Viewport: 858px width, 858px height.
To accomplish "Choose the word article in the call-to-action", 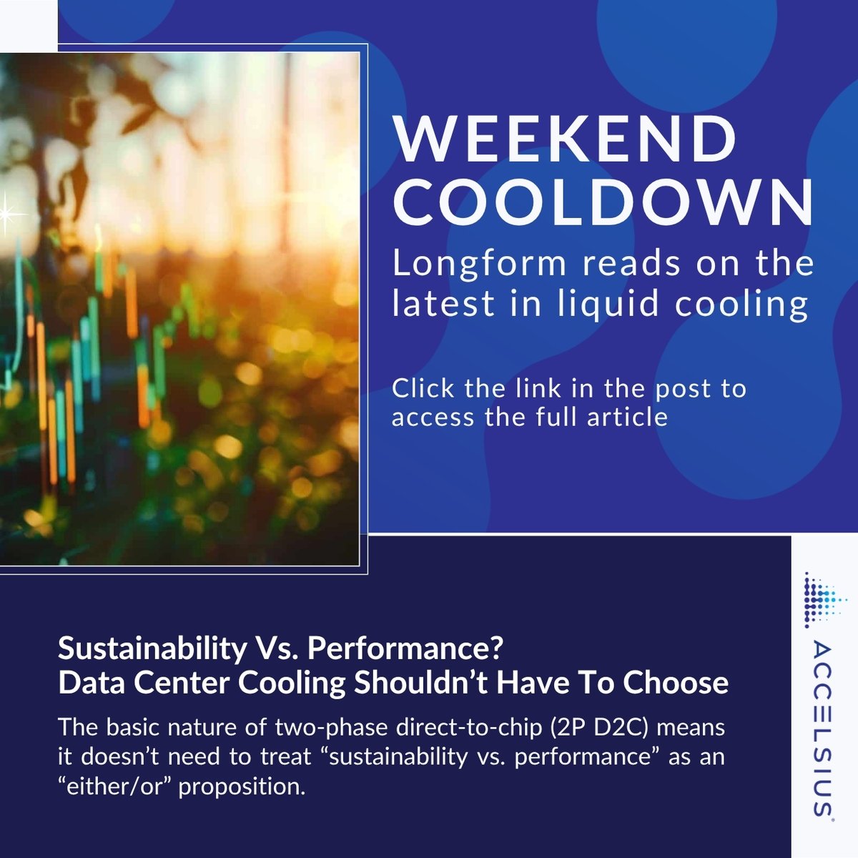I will (x=627, y=416).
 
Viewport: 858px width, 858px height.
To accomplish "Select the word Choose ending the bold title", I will (x=676, y=683).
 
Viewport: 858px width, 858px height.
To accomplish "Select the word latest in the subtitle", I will (x=444, y=303).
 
